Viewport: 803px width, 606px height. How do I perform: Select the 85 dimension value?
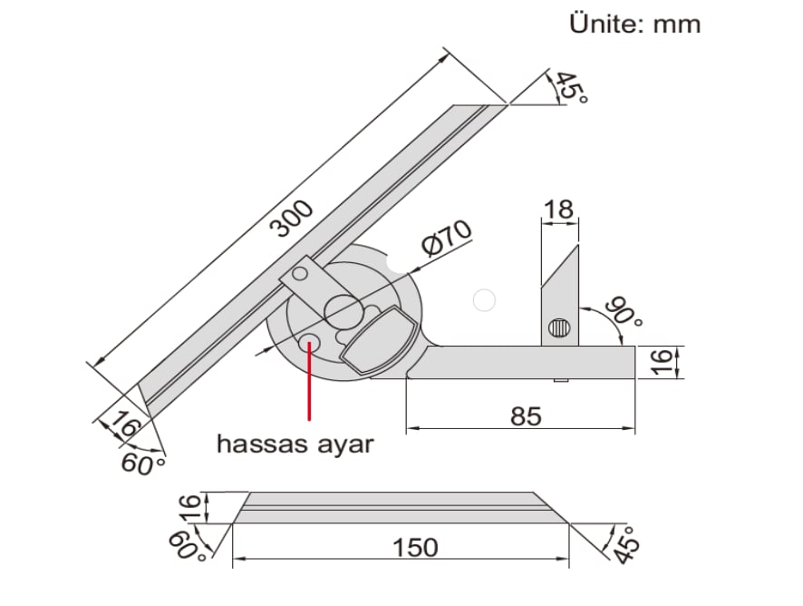coord(525,416)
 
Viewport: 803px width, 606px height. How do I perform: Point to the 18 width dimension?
coord(557,210)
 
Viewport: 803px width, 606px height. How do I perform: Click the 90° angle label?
coord(625,312)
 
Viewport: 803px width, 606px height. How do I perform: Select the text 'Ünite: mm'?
coord(634,24)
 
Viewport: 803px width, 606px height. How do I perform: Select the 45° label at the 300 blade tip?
coord(569,87)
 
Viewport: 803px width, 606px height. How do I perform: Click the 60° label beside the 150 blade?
coord(186,545)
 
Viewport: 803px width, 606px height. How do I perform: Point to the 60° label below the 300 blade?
coord(144,464)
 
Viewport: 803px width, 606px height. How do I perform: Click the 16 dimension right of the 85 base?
coord(663,360)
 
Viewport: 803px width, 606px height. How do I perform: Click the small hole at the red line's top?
coord(310,343)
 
